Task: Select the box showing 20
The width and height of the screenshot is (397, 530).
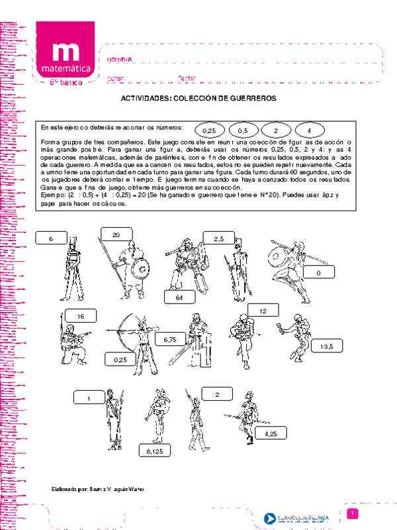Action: [x=116, y=235]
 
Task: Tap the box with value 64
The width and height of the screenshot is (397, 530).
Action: [x=178, y=297]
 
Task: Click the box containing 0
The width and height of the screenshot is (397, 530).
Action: [x=318, y=272]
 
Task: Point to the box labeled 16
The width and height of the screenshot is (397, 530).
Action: [x=81, y=317]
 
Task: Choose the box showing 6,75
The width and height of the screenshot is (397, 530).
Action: [x=168, y=339]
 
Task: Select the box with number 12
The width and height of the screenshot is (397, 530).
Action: [x=263, y=311]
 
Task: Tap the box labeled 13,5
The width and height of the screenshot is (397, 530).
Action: [x=326, y=346]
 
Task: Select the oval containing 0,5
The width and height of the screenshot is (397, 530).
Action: [x=243, y=131]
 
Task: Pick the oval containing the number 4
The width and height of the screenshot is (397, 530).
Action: [x=308, y=131]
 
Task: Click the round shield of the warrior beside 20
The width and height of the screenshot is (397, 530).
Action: [x=141, y=270]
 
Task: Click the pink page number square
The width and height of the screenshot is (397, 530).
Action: [x=353, y=514]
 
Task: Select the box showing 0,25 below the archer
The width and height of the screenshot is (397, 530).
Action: [x=120, y=359]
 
